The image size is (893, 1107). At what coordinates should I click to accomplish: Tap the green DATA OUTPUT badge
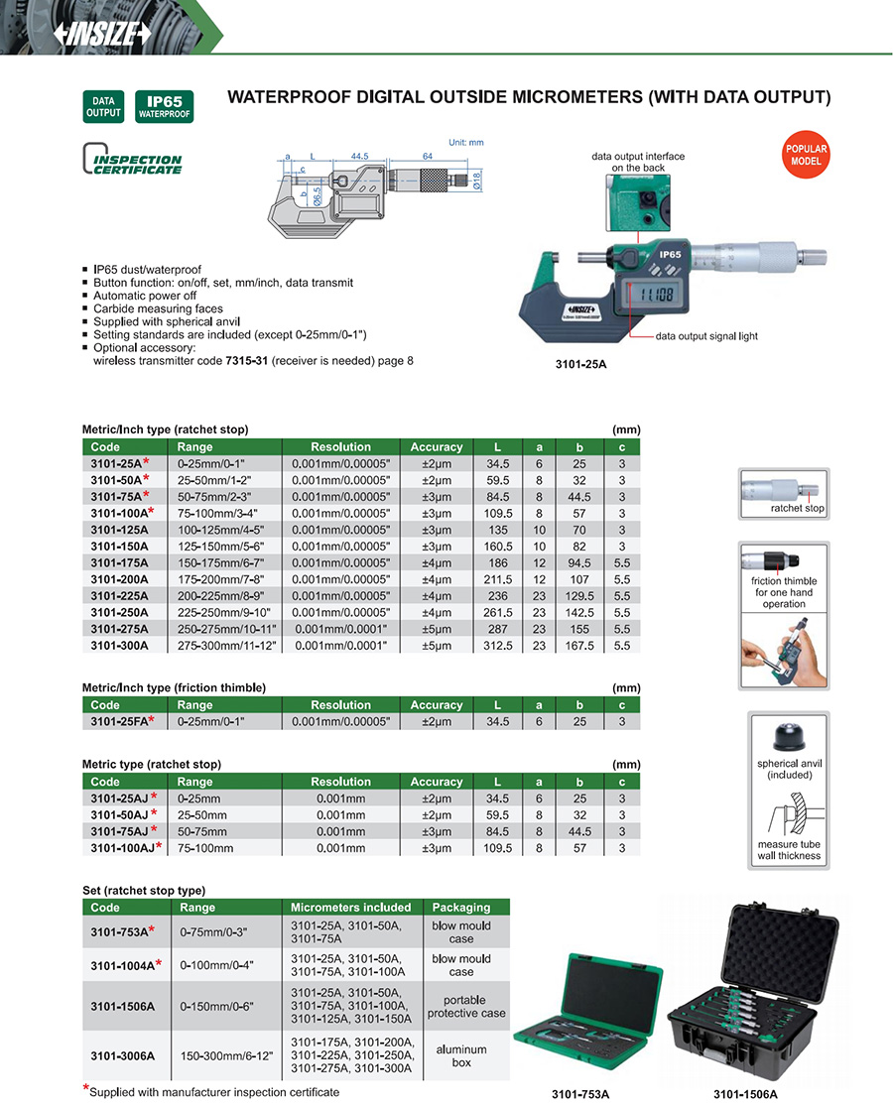pos(102,107)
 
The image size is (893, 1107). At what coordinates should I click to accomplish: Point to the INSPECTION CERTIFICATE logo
pos(133,162)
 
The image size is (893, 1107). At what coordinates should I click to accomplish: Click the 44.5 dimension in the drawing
pos(359,156)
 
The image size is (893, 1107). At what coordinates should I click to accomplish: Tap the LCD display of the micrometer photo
pos(654,295)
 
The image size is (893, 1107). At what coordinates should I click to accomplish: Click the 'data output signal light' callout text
pos(706,336)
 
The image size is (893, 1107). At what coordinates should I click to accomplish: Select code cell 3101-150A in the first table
pos(119,545)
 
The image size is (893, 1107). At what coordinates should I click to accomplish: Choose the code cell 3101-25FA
pos(121,721)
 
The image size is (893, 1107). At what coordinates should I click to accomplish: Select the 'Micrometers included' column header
pos(350,907)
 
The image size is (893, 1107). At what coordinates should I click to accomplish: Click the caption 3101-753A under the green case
pos(581,1094)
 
